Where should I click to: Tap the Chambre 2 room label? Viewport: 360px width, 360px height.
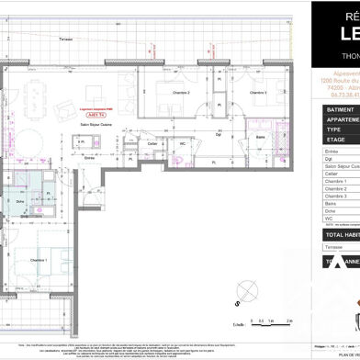[x=183, y=118]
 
